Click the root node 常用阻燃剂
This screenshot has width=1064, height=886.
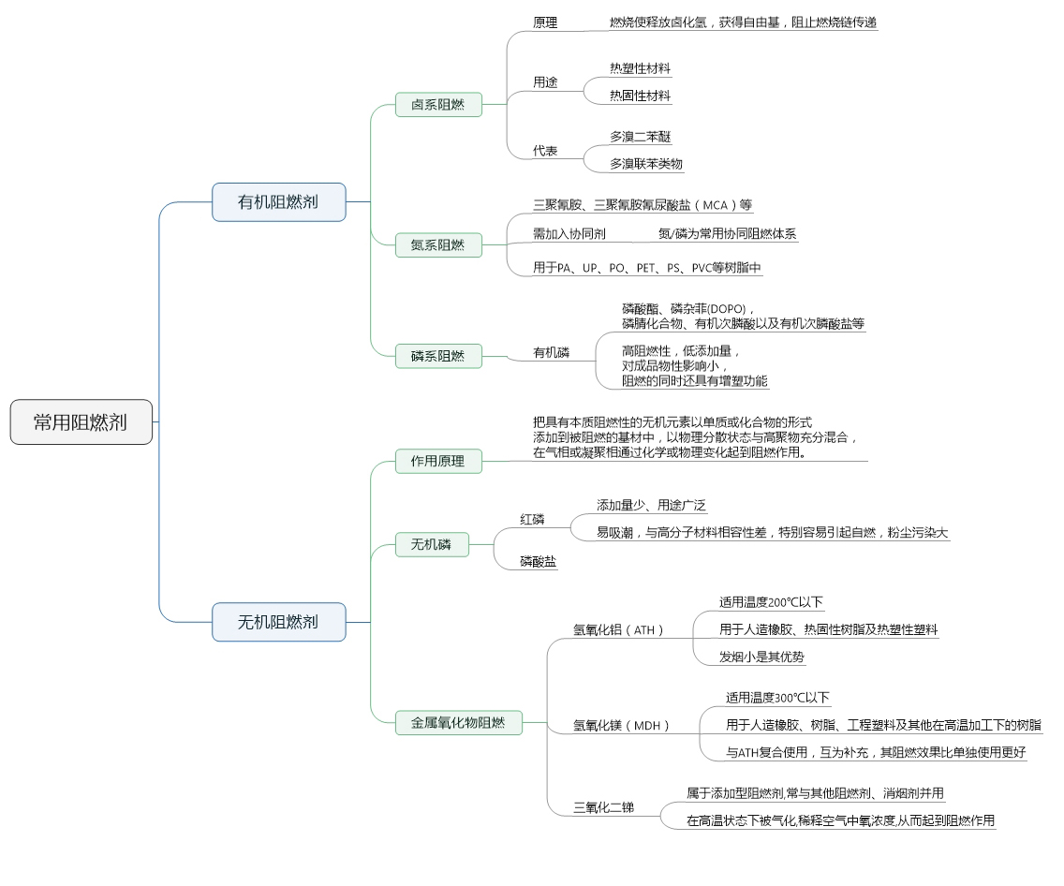coord(81,422)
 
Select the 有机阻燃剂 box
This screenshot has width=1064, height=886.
coord(278,201)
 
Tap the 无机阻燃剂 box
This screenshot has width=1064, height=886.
coord(278,622)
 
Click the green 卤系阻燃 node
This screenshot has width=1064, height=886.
coord(437,104)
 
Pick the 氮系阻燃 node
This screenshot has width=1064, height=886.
coord(437,245)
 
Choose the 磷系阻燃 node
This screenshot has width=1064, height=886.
coord(437,356)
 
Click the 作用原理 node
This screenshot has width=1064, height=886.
coord(437,461)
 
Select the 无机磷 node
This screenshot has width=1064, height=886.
coord(431,544)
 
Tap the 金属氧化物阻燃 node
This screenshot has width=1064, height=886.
coord(458,722)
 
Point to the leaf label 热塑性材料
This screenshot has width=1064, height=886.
coord(641,68)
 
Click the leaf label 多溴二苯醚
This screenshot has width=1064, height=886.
coord(641,137)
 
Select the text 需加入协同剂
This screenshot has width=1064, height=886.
coord(569,234)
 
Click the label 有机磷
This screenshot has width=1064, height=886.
coord(552,353)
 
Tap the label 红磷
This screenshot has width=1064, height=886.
coord(533,519)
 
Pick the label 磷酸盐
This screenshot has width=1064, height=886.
coord(539,562)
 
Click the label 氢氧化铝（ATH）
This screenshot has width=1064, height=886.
coord(618,630)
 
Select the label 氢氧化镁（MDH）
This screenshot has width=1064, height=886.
coord(622,726)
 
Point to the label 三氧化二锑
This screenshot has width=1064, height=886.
coord(604,806)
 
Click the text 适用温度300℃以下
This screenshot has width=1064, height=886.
coord(777,698)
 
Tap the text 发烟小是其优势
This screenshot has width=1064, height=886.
coord(761,657)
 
